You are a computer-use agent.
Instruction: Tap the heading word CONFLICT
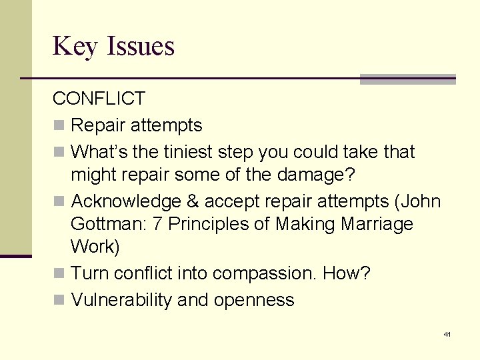(x=99, y=99)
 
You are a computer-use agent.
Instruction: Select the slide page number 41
(x=447, y=334)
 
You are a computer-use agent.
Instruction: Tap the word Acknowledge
(x=125, y=201)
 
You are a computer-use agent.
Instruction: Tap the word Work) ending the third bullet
(x=95, y=247)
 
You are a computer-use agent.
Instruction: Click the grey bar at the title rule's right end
(x=407, y=79)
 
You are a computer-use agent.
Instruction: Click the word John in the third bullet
(x=419, y=201)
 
